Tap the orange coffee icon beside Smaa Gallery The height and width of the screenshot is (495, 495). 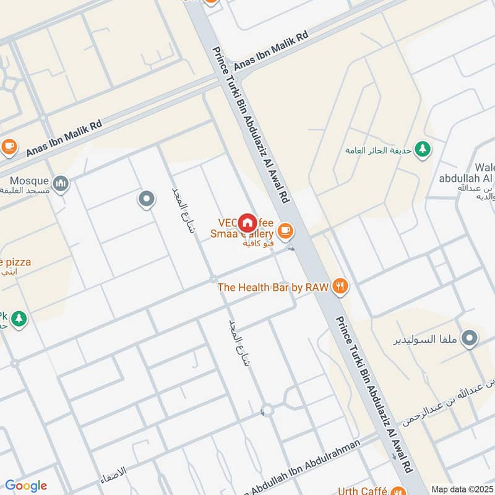(285, 231)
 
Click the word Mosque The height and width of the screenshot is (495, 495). (29, 181)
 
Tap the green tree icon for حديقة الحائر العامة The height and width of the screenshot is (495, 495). (423, 148)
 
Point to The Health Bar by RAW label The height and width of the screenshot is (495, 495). (273, 287)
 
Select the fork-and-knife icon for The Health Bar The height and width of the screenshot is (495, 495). (340, 286)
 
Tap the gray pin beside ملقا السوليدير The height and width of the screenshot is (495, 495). (470, 338)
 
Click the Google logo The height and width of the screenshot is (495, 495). (26, 485)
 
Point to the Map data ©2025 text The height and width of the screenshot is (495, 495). (462, 489)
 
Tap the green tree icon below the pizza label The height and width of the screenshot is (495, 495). (19, 318)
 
